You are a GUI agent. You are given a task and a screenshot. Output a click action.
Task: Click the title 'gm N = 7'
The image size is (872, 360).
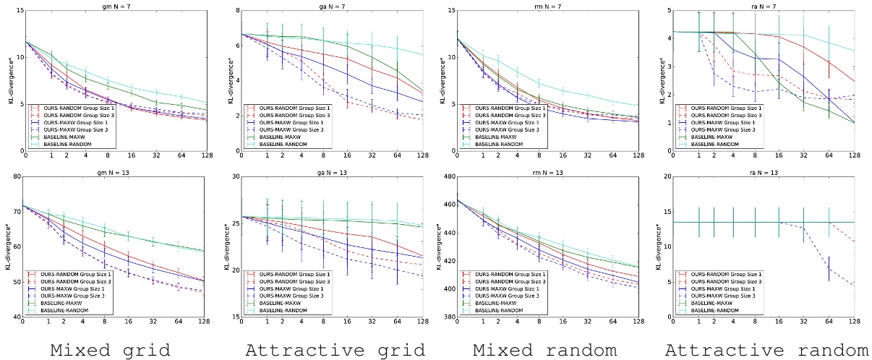[x=113, y=6]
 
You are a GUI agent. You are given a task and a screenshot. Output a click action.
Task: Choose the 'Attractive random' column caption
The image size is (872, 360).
[x=761, y=351]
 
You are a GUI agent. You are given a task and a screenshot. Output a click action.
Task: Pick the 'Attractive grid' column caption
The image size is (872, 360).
[x=334, y=351]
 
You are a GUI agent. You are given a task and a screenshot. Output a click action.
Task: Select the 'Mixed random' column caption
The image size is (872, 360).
[x=544, y=351]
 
